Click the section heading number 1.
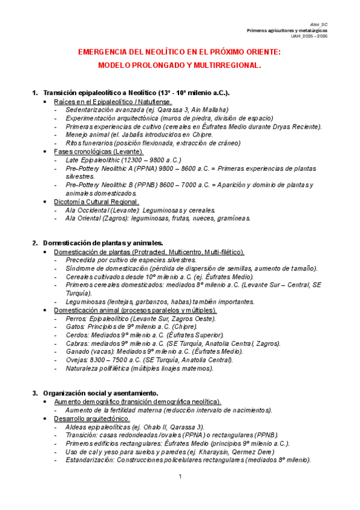point(34,93)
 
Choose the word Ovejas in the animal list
point(77,360)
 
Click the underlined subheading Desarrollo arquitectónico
point(91,418)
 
